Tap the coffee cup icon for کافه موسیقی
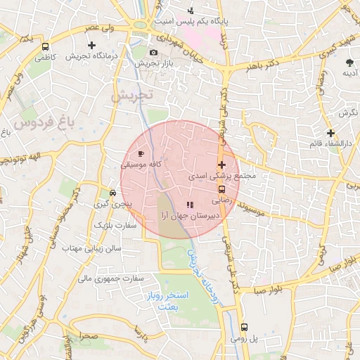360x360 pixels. point(141,153)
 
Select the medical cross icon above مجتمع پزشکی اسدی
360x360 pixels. point(222,165)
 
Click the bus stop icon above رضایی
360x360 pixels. point(222,189)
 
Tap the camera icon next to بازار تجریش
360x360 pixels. point(153,52)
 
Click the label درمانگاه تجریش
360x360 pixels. point(91,56)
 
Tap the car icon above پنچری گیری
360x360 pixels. point(112,193)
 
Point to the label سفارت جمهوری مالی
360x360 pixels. point(103,278)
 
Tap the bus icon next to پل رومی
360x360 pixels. point(244,327)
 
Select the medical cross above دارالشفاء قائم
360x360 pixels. point(330,133)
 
